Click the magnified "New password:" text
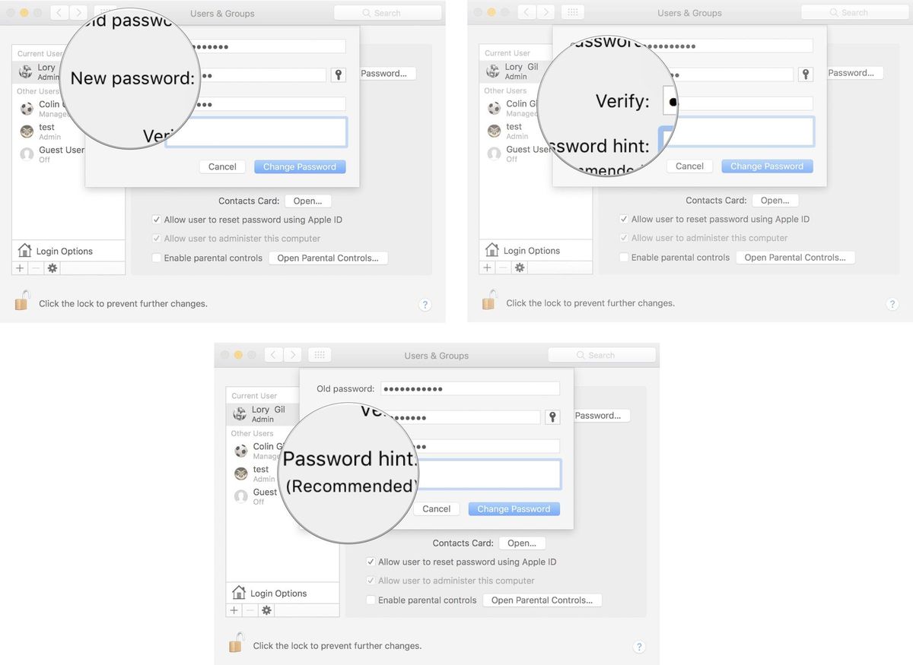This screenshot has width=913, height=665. pyautogui.click(x=132, y=78)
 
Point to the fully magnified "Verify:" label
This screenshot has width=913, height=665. pyautogui.click(x=622, y=101)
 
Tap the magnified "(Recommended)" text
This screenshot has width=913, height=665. pyautogui.click(x=352, y=486)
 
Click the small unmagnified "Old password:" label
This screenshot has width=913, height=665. pyautogui.click(x=345, y=389)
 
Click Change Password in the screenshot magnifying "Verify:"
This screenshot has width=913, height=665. pyautogui.click(x=767, y=166)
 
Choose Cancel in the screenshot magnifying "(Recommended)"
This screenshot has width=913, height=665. pyautogui.click(x=437, y=509)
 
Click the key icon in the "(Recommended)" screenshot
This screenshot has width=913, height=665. pyautogui.click(x=552, y=416)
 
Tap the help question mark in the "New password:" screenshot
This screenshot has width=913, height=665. pyautogui.click(x=425, y=305)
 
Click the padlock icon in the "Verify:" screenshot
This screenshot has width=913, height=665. pyautogui.click(x=488, y=300)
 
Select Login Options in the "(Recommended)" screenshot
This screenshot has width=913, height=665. pyautogui.click(x=278, y=594)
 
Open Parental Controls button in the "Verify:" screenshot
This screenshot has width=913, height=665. pyautogui.click(x=794, y=258)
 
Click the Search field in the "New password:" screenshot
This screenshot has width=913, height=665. pyautogui.click(x=388, y=13)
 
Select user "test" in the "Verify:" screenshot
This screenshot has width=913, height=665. pyautogui.click(x=514, y=127)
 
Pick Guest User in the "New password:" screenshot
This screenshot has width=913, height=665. pyautogui.click(x=62, y=150)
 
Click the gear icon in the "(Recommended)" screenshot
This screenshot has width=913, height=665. pyautogui.click(x=266, y=610)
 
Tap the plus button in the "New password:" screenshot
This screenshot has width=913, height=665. pyautogui.click(x=20, y=268)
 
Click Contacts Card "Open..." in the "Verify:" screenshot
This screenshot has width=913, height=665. pyautogui.click(x=775, y=201)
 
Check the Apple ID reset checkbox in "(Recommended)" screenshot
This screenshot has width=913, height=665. pyautogui.click(x=371, y=562)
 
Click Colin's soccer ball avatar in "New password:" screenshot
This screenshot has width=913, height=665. pyautogui.click(x=27, y=109)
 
